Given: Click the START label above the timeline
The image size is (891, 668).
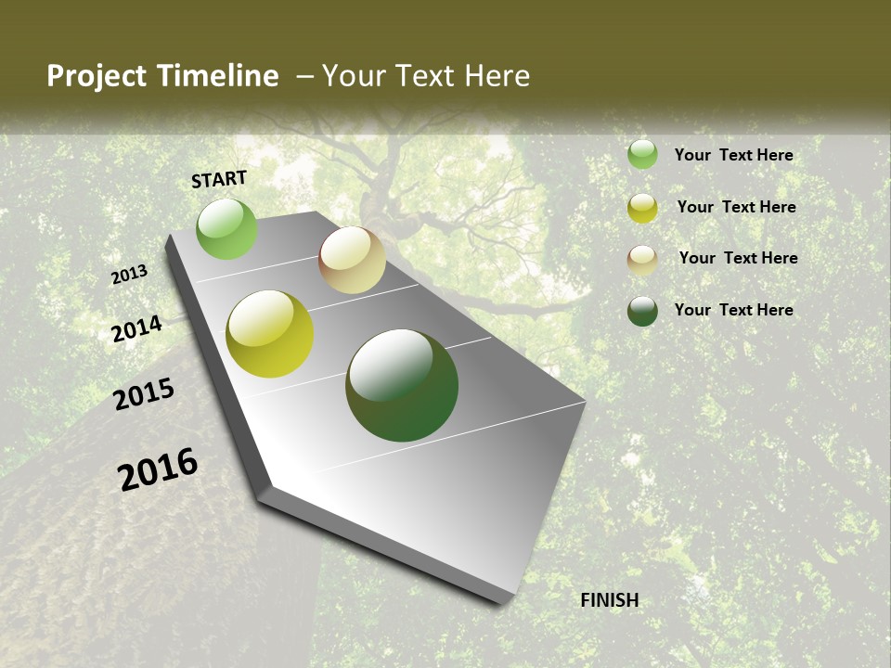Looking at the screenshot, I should (219, 179).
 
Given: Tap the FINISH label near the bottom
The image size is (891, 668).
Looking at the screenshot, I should (610, 600).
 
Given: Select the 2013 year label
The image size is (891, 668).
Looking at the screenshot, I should (129, 275).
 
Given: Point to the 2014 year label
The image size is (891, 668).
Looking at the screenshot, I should (136, 329).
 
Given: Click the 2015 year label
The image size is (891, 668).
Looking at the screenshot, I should (144, 394).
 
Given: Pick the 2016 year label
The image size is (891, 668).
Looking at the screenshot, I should (158, 469).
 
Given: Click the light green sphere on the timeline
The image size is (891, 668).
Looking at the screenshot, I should (226, 228).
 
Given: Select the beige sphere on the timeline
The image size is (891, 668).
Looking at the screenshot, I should (352, 260).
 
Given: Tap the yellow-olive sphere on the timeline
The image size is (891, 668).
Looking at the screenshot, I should (269, 334).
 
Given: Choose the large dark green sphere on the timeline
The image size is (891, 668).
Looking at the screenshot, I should (402, 385).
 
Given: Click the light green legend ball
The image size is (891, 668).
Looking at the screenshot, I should (642, 154).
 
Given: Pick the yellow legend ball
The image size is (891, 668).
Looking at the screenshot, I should (642, 208).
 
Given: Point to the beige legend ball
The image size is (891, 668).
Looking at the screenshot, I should (642, 260).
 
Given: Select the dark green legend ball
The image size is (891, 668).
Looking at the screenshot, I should (642, 311).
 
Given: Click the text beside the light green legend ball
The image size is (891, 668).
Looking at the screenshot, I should (733, 155).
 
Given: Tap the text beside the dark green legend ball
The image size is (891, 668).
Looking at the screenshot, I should (733, 310).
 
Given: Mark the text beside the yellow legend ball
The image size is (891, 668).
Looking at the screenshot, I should (736, 207).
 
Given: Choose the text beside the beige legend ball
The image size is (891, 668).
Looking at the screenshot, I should (738, 258).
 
